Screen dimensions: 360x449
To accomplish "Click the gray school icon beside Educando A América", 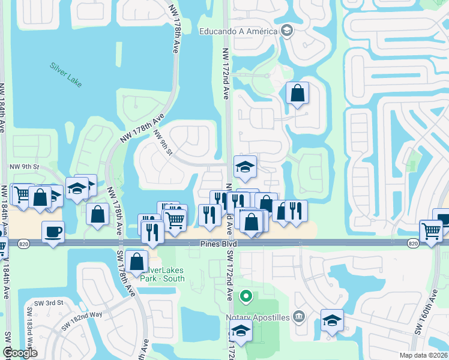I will click(x=287, y=31).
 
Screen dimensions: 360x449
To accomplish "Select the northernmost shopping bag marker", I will click(x=297, y=94).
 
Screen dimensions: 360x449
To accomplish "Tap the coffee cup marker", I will click(x=53, y=232).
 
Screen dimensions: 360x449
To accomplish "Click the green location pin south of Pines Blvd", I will click(x=245, y=296).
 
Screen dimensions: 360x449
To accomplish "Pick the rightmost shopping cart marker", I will click(x=432, y=230).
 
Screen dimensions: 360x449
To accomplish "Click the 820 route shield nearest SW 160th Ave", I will click(x=412, y=244).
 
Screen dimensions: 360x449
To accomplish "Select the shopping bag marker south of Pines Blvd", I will click(x=137, y=262).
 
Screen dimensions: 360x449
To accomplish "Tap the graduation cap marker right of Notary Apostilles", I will click(x=332, y=320).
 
